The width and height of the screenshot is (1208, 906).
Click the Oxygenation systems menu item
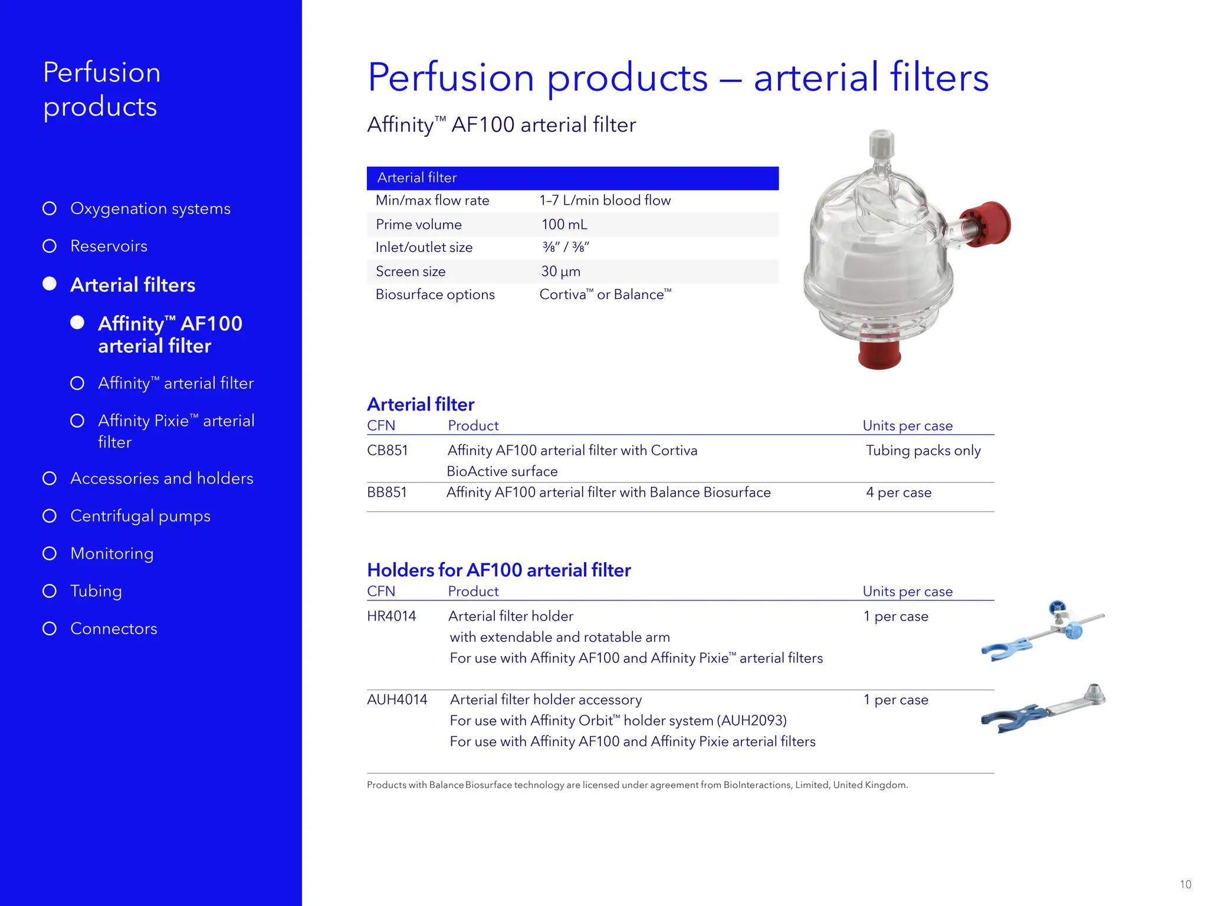pyautogui.click(x=150, y=209)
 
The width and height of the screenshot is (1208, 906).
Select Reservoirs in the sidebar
pyautogui.click(x=109, y=246)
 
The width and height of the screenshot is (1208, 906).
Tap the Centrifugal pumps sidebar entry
pyautogui.click(x=140, y=516)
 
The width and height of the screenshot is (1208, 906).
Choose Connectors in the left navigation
pyautogui.click(x=113, y=629)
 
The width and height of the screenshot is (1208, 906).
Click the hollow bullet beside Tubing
pyautogui.click(x=50, y=591)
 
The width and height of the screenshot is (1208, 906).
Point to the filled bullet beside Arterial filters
pyautogui.click(x=50, y=284)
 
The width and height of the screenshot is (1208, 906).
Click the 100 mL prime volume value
pyautogui.click(x=564, y=225)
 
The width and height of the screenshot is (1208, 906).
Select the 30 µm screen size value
pyautogui.click(x=560, y=272)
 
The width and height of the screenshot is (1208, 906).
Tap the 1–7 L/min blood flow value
pyautogui.click(x=605, y=201)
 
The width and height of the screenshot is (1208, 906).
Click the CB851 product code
pyautogui.click(x=387, y=451)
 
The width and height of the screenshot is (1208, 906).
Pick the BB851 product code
pyautogui.click(x=386, y=493)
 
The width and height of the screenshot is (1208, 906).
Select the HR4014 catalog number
pyautogui.click(x=391, y=616)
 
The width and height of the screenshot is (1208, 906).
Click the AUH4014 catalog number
pyautogui.click(x=397, y=700)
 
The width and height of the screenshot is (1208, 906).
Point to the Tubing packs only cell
pyautogui.click(x=923, y=451)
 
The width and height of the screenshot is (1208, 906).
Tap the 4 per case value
pyautogui.click(x=898, y=493)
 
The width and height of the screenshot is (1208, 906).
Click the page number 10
pyautogui.click(x=1185, y=884)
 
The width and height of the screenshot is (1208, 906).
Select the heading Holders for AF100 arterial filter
pyautogui.click(x=498, y=570)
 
